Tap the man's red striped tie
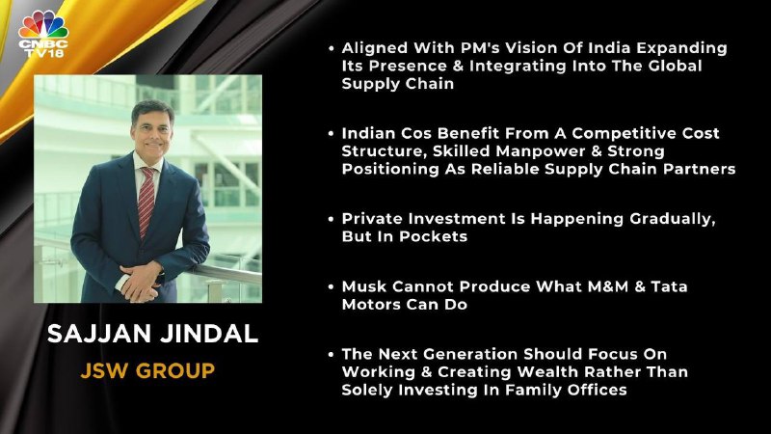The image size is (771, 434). coord(146,202)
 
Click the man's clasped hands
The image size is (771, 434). coord(140,281)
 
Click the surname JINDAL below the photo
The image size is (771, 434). coord(209,334)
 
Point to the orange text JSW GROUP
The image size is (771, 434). coord(147,370)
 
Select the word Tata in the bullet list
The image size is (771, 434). coord(669,286)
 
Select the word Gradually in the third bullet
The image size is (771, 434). coord(672,219)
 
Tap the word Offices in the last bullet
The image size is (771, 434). coord(597,390)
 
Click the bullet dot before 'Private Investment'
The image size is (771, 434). coord(331,219)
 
